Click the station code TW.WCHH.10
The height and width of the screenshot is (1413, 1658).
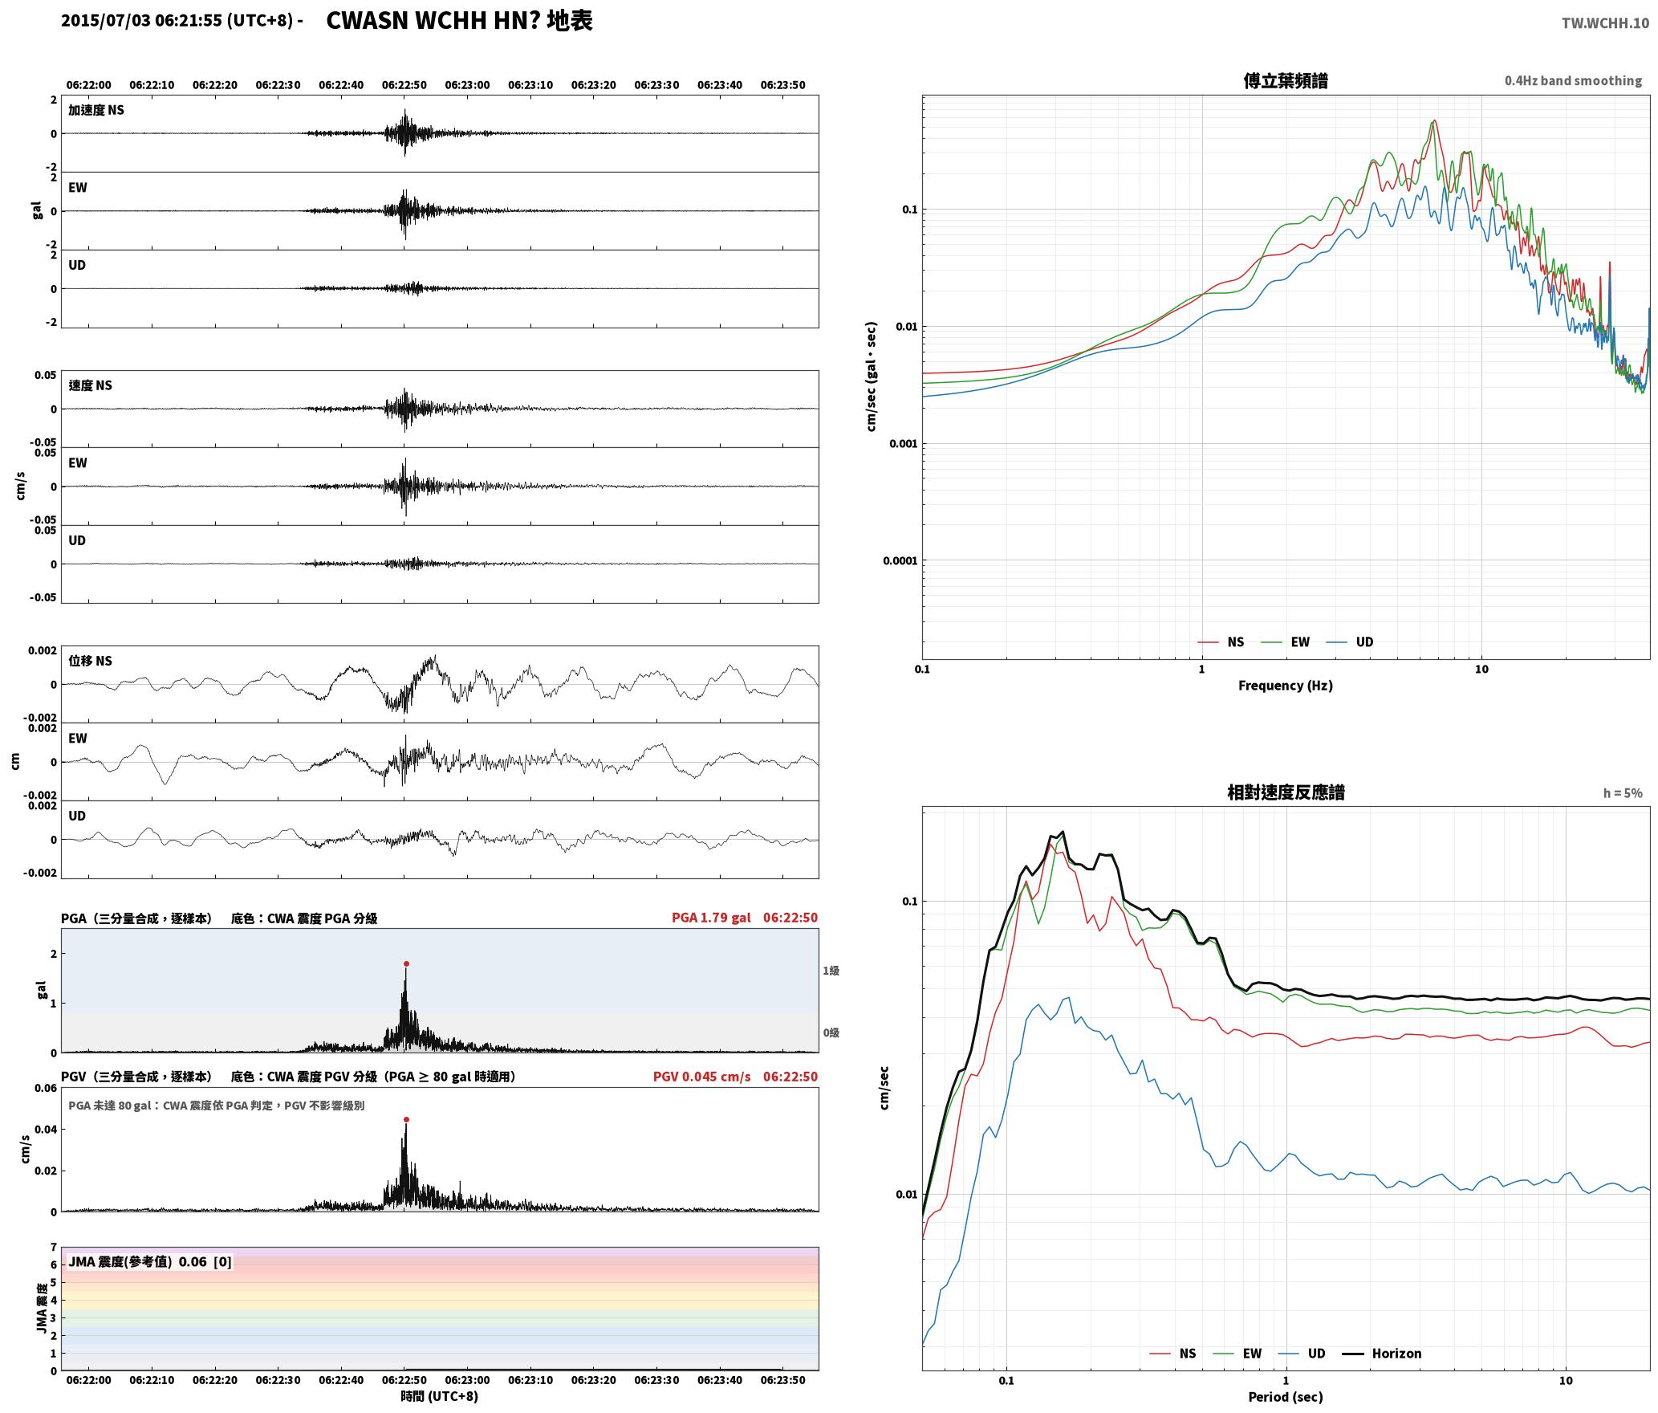[x=1605, y=22]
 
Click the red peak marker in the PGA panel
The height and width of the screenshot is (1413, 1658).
[x=406, y=963]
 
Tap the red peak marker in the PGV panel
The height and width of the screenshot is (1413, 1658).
[x=406, y=1119]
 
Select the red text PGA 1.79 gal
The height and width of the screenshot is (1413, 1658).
[x=711, y=918]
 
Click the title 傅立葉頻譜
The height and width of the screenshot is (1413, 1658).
[x=1286, y=81]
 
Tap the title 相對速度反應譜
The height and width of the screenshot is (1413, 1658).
[x=1286, y=792]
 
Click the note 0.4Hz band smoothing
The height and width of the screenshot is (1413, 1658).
[x=1573, y=81]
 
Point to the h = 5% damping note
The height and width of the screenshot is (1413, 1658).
[x=1623, y=793]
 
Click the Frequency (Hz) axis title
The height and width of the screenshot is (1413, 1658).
[x=1286, y=686]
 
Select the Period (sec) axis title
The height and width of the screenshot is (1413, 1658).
[x=1286, y=1397]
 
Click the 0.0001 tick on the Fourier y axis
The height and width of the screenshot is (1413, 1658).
[x=899, y=560]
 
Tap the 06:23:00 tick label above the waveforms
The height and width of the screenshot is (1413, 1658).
[x=467, y=85]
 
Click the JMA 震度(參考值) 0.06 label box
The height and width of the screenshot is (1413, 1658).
[x=150, y=1262]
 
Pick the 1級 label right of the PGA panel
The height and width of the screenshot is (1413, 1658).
[x=831, y=971]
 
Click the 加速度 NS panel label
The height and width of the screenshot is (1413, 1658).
[x=96, y=110]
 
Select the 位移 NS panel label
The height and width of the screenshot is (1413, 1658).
[x=91, y=661]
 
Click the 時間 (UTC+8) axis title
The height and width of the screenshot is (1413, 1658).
[x=440, y=1396]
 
